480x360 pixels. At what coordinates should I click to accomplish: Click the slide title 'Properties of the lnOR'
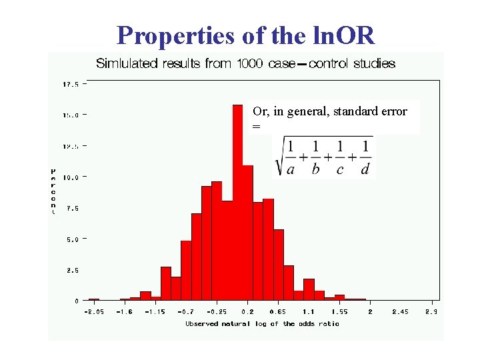[245, 35]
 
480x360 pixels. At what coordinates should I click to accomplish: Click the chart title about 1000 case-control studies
[245, 64]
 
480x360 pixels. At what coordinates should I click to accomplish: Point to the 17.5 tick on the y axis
[71, 85]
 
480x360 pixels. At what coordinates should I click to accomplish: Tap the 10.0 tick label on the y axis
[71, 177]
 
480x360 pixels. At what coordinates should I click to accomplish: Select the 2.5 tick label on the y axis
[71, 270]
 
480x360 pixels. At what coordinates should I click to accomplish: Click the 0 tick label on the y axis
[76, 301]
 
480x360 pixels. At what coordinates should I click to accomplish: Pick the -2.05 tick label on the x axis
[94, 311]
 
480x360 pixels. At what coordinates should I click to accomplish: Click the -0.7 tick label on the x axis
[186, 311]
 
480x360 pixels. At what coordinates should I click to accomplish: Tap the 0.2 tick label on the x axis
[247, 311]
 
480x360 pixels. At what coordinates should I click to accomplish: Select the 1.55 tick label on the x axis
[339, 311]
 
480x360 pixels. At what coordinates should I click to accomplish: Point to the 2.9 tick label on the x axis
[431, 311]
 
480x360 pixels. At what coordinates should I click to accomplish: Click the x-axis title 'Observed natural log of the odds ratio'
[262, 324]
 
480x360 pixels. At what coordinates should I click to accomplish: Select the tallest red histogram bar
[237, 200]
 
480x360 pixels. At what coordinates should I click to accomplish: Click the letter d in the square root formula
[365, 169]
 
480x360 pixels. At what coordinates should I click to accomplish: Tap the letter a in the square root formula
[291, 169]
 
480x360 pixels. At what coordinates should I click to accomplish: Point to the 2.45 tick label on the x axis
[401, 311]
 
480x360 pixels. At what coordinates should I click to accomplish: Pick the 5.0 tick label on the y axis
[71, 239]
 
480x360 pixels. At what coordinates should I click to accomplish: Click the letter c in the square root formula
[340, 169]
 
